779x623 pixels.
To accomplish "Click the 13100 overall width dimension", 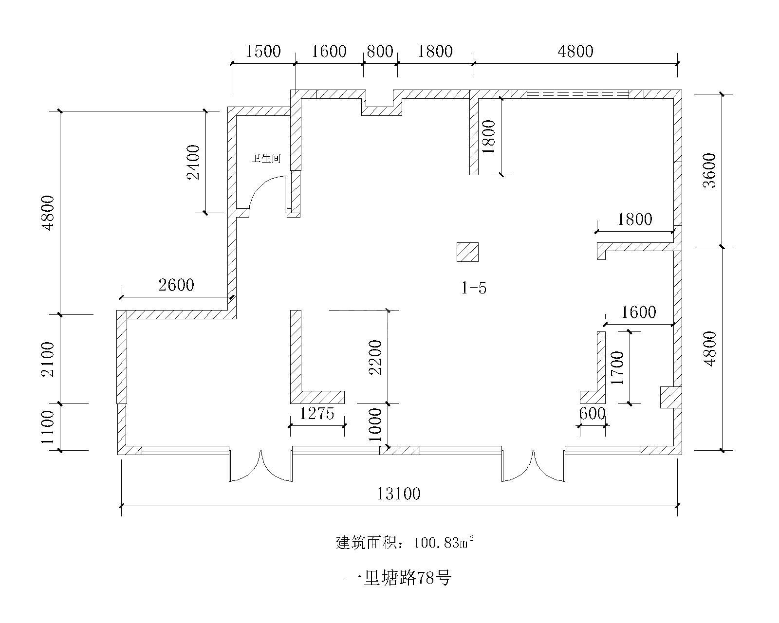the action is [399, 494].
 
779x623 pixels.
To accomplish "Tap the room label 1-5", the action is [474, 288].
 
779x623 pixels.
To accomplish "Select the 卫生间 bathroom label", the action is [266, 158].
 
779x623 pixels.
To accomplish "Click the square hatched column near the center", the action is [467, 252].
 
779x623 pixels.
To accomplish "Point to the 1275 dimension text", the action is [317, 413].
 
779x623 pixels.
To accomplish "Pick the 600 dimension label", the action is [593, 413].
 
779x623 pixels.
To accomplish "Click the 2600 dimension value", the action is [176, 285].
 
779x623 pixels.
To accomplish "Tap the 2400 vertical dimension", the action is [193, 162].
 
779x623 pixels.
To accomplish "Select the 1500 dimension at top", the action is [263, 52].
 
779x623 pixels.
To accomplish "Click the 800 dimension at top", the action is [380, 52].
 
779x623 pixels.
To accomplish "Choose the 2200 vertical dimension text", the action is [375, 357].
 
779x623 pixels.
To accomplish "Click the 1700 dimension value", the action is [617, 367].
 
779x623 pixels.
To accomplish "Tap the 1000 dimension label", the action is [375, 424].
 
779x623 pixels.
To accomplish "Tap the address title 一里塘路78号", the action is [398, 578].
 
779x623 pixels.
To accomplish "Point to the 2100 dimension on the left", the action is [48, 359].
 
